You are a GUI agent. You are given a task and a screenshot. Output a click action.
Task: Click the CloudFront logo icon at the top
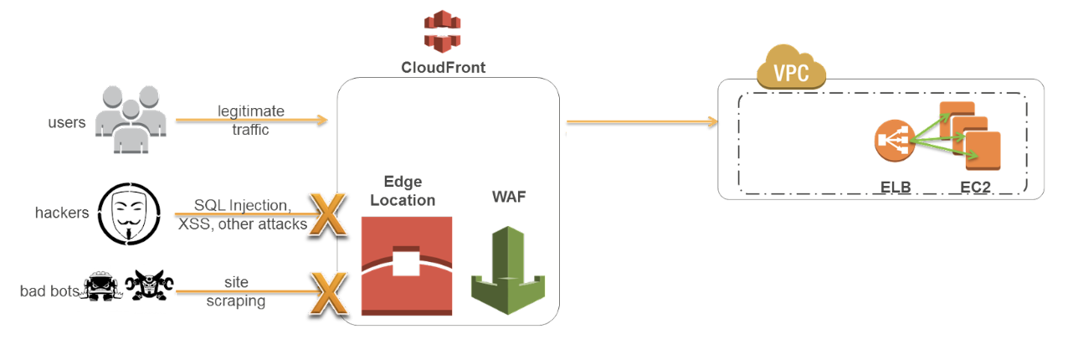click(443, 33)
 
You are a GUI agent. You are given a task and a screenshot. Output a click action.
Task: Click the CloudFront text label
click(443, 68)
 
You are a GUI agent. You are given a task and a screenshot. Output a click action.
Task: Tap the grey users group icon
click(129, 119)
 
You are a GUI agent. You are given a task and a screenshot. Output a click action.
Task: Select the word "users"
click(67, 123)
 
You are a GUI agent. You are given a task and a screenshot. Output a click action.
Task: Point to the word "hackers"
click(62, 213)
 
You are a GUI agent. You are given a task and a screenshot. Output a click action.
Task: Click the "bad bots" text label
click(49, 291)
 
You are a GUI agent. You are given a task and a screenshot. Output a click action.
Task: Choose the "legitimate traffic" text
click(250, 120)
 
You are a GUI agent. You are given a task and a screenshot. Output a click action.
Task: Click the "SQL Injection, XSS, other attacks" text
click(242, 214)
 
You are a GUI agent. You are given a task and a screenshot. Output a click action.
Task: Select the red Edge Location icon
click(407, 265)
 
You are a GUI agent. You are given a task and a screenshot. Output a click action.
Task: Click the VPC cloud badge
click(791, 71)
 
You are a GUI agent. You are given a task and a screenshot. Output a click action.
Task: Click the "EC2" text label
click(975, 187)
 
